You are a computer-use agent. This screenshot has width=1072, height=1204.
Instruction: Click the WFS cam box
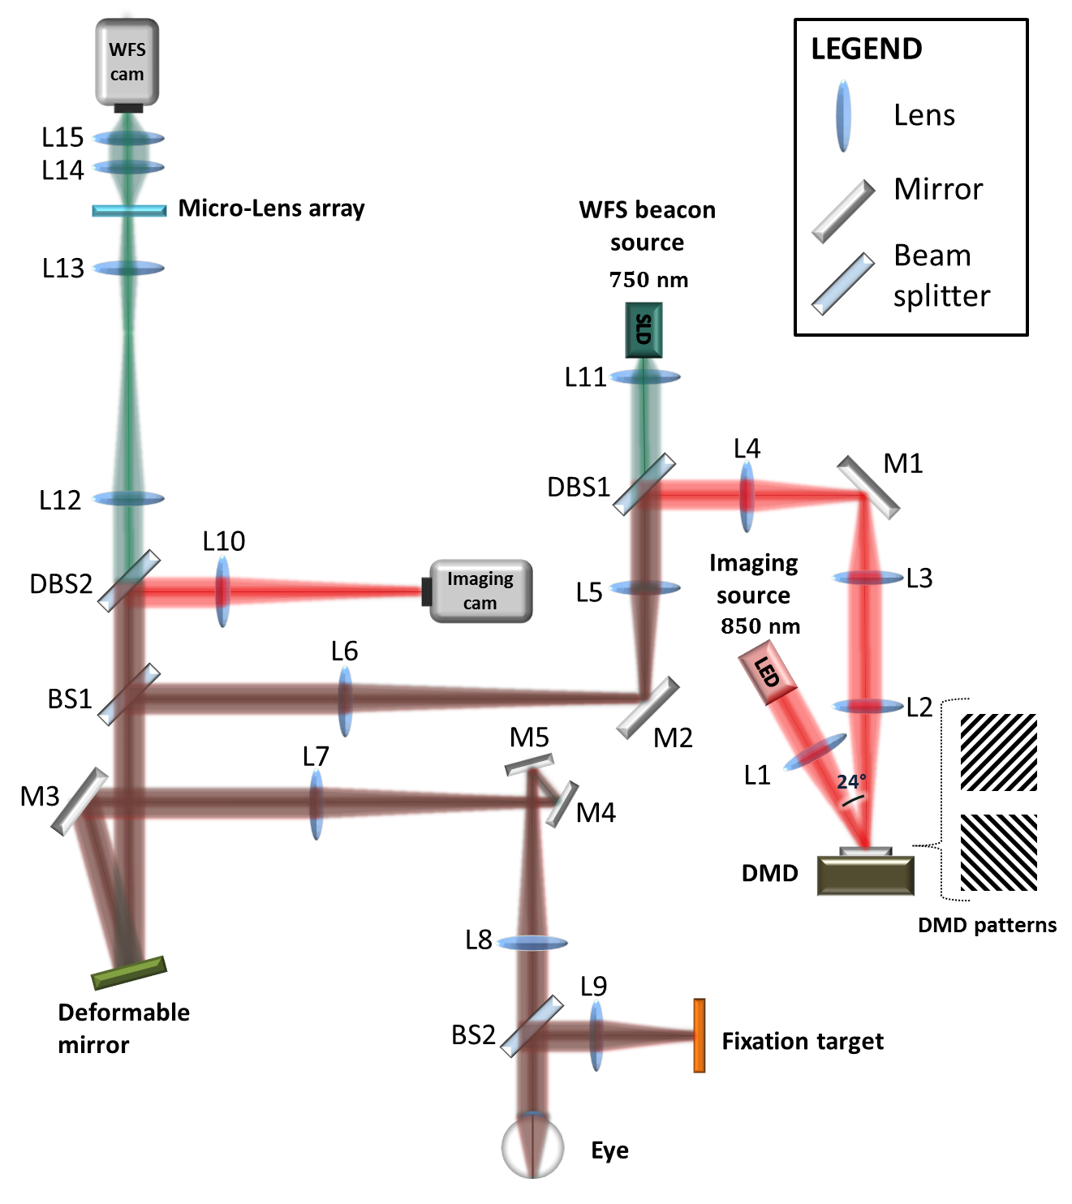127,62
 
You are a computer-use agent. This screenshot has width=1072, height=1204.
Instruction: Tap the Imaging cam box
480,591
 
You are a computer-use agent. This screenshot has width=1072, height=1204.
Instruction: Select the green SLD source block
644,330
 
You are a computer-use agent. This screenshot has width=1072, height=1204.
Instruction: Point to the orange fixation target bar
699,1036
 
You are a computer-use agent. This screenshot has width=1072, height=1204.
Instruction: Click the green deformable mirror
129,973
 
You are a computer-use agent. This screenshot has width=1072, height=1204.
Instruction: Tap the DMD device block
866,875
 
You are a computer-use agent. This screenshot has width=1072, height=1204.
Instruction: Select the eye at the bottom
532,1148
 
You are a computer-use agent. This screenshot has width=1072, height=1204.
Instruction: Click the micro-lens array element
129,210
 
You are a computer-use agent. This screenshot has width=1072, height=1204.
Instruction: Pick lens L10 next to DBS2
222,591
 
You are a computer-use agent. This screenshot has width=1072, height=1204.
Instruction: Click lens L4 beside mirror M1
747,496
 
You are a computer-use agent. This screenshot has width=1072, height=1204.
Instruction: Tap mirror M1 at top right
868,487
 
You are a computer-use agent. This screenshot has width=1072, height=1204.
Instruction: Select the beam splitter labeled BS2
532,1026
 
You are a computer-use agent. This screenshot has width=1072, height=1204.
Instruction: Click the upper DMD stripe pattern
998,752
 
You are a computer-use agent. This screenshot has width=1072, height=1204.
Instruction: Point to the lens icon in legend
844,116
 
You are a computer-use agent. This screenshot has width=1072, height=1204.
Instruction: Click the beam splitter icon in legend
844,284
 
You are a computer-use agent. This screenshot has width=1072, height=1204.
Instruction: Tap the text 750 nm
648,280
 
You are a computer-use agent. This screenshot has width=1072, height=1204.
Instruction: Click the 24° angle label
850,782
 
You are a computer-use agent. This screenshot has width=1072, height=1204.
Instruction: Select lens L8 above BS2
532,943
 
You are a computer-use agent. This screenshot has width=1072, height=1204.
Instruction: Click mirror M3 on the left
80,802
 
